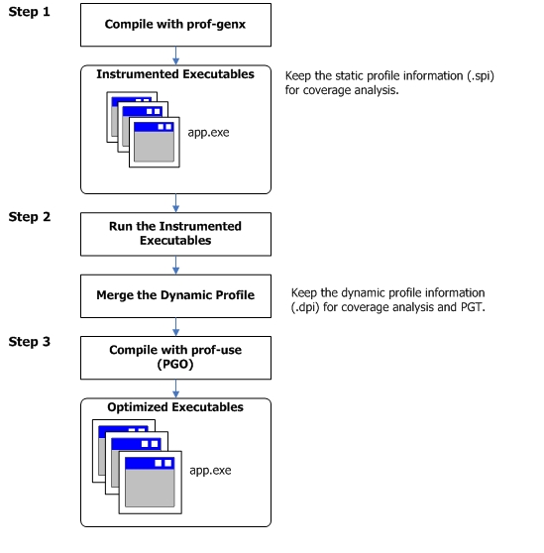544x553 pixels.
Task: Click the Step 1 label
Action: (30, 12)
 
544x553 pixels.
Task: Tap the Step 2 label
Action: (30, 217)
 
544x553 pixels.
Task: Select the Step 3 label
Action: (30, 341)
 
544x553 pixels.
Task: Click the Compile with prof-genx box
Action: (175, 25)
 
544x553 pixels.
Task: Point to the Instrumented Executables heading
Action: (175, 74)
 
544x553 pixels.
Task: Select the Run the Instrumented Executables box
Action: (175, 234)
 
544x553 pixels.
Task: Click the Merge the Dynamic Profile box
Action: (175, 296)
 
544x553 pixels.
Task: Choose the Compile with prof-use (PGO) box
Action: (175, 358)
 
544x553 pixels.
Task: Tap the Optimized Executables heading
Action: (175, 407)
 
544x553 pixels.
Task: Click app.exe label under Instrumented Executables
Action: (208, 133)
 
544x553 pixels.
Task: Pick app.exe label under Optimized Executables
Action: (210, 471)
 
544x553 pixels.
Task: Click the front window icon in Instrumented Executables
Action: (155, 142)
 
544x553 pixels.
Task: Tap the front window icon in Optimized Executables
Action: (151, 483)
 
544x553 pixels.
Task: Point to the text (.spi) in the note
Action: (481, 76)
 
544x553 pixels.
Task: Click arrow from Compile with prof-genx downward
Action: (175, 55)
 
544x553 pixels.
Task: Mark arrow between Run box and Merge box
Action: (175, 266)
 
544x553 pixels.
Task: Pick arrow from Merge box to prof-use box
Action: (175, 327)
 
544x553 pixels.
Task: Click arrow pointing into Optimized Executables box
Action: (175, 389)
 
